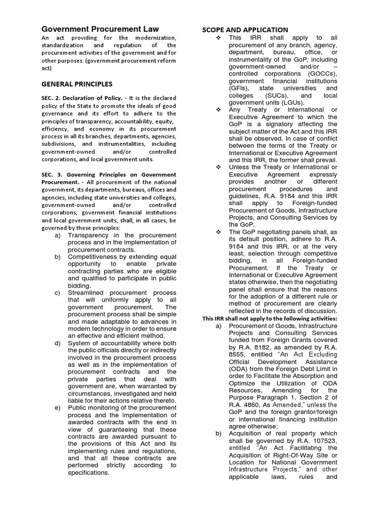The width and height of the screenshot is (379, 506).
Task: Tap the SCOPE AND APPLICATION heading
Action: pyautogui.click(x=245, y=30)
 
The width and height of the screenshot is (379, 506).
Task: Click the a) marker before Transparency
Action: pyautogui.click(x=58, y=235)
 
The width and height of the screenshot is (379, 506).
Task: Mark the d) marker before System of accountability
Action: pyautogui.click(x=58, y=343)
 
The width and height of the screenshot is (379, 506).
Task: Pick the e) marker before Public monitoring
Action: pyautogui.click(x=58, y=408)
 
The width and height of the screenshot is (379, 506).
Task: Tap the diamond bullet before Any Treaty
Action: pyautogui.click(x=219, y=110)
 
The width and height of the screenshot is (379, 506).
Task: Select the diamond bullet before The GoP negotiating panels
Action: pyautogui.click(x=219, y=232)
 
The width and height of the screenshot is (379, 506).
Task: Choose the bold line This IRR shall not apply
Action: pyautogui.click(x=270, y=318)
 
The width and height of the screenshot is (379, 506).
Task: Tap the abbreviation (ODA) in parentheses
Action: pyautogui.click(x=239, y=369)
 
